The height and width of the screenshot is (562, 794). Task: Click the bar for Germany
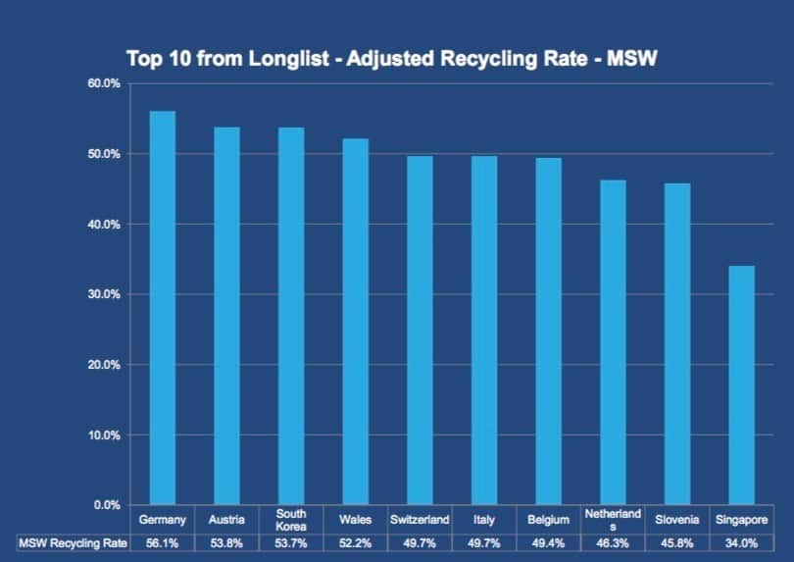point(163,308)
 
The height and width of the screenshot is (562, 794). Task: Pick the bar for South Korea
point(291,316)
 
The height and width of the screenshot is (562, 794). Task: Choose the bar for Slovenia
point(677,344)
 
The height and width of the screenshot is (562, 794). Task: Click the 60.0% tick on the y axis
point(102,84)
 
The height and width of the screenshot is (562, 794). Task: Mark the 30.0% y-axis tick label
point(102,294)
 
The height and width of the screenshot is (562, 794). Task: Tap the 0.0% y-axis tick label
point(105,505)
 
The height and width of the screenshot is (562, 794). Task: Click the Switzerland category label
point(420,520)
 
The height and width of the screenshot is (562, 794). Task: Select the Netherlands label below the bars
point(613,520)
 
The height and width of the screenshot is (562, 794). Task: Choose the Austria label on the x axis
point(226,520)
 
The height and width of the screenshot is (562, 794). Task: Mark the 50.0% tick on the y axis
point(102,154)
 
